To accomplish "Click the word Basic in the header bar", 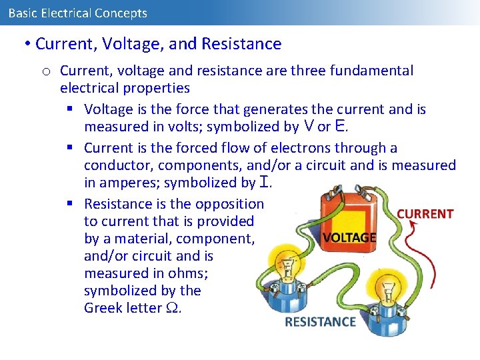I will point(23,13).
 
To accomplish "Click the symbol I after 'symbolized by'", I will point(266,183).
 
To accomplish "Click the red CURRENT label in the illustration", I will point(425,214).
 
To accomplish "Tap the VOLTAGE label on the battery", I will point(349,237).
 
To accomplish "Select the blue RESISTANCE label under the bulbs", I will point(320,322).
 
